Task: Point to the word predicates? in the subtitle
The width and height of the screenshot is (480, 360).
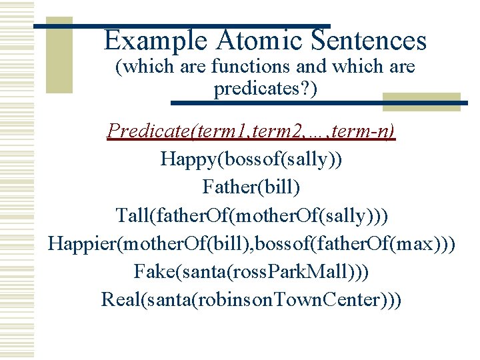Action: (265, 88)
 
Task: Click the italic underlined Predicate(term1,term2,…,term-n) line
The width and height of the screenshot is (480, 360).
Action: (251, 131)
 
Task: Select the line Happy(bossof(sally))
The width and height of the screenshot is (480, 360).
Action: (251, 159)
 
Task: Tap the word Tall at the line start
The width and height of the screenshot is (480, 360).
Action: (133, 215)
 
